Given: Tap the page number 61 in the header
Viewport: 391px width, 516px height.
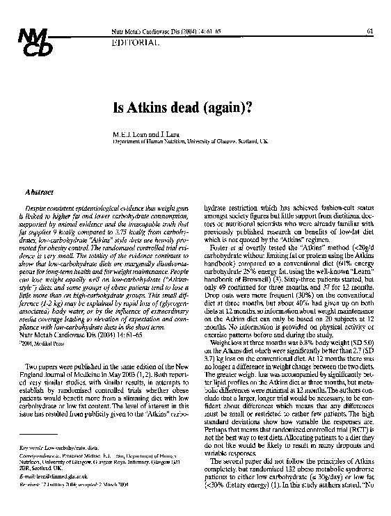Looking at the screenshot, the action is [x=369, y=31].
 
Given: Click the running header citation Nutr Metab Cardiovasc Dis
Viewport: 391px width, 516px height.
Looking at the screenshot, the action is [x=142, y=31].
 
